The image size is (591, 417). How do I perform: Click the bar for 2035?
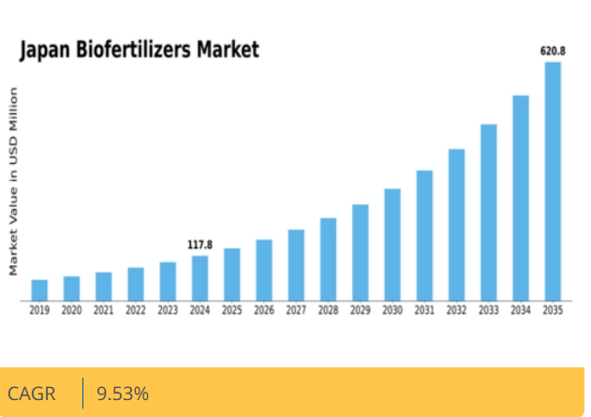tap(553, 182)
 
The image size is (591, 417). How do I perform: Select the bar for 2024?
tap(199, 278)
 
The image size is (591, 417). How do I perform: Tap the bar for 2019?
tap(39, 290)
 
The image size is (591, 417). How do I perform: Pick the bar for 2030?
tap(392, 245)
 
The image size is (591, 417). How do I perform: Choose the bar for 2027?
tap(296, 265)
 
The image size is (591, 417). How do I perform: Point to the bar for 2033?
tap(489, 213)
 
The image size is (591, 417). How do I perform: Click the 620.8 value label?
tap(553, 51)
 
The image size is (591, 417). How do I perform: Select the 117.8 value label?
tap(199, 245)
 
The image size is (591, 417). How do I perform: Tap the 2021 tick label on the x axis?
tap(103, 310)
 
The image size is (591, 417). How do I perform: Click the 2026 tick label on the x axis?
tap(264, 310)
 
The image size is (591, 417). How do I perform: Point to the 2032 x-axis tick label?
tap(456, 310)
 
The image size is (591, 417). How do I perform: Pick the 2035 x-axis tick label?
tap(553, 310)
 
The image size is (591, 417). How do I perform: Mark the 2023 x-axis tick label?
tap(168, 310)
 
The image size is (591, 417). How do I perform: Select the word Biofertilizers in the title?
tap(135, 50)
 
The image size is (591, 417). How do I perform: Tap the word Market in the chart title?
tap(228, 50)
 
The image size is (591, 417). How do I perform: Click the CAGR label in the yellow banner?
tap(32, 394)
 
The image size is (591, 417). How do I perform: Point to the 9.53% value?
tap(123, 394)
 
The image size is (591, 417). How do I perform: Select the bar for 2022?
tap(136, 284)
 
